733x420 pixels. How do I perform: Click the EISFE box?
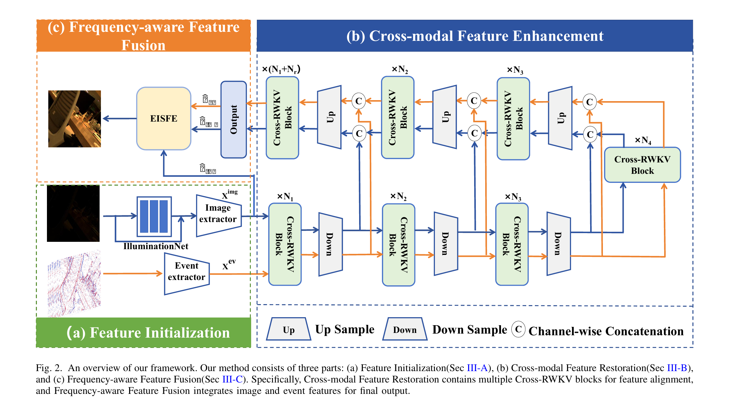pos(164,119)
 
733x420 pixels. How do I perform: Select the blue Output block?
pos(233,119)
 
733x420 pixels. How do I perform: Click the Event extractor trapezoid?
pos(186,272)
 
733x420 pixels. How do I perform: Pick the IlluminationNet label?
pos(156,247)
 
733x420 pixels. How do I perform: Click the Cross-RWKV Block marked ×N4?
pos(642,165)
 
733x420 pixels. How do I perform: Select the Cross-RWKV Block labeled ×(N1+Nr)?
pos(282,118)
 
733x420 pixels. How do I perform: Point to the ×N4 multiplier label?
pos(643,140)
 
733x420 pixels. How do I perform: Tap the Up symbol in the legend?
pos(288,330)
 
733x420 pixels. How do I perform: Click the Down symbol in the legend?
pos(405,330)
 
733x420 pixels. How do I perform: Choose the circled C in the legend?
pos(518,329)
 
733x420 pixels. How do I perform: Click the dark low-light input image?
pos(73,213)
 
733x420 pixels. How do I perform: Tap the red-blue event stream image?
pos(74,283)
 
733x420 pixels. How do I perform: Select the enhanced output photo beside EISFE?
pos(74,119)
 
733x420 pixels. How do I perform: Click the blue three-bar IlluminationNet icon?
pos(154,216)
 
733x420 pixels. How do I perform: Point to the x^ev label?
pos(229,265)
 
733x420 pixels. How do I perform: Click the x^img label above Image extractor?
pos(229,194)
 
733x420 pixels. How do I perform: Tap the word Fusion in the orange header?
pos(143,45)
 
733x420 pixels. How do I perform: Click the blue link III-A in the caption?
pos(477,368)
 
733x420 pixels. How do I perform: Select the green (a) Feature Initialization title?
pos(148,333)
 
